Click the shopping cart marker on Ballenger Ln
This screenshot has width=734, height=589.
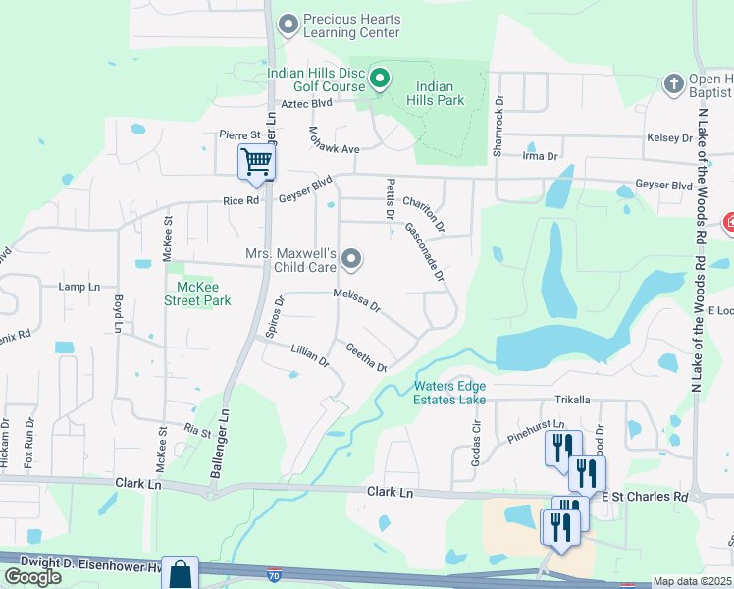[256, 161]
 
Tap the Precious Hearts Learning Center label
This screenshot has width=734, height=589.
[351, 26]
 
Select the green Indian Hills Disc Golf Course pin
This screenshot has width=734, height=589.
[379, 76]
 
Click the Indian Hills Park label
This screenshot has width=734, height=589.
[434, 93]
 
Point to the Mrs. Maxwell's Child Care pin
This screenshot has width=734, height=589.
[351, 260]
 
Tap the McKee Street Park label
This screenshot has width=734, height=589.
[197, 294]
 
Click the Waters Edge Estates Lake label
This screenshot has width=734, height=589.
[450, 393]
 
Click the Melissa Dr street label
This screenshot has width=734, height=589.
[355, 300]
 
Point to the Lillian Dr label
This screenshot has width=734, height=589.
[310, 355]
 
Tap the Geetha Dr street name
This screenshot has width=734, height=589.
[366, 355]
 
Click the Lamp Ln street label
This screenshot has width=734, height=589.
[79, 287]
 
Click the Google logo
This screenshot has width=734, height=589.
[32, 577]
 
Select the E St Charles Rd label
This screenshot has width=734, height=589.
[645, 497]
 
